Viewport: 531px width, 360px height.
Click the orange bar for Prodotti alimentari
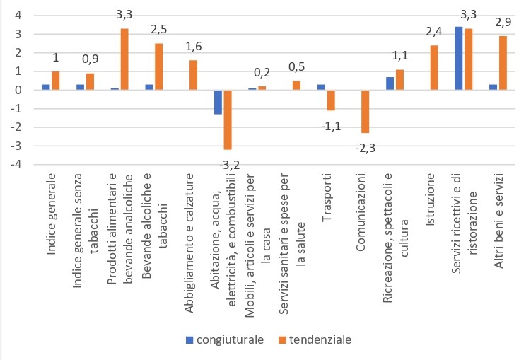click(x=124, y=59)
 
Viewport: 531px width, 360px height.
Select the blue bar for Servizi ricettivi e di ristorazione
click(x=459, y=58)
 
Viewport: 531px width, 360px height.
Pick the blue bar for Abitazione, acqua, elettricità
click(x=218, y=102)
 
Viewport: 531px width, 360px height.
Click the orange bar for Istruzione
click(x=435, y=68)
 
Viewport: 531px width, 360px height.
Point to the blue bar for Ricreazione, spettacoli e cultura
click(x=390, y=83)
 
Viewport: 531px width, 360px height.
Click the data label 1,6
click(x=192, y=47)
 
